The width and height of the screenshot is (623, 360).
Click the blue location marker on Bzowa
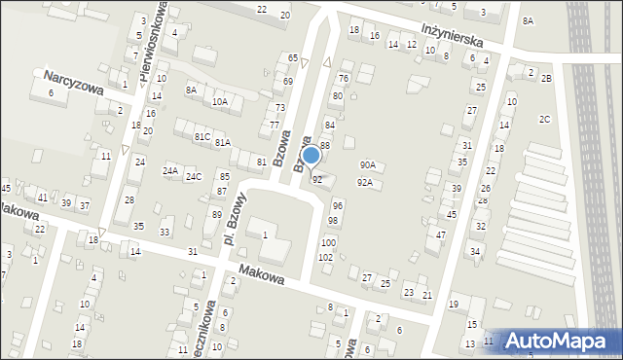[x=311, y=156]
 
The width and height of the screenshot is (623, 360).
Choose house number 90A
[x=367, y=165]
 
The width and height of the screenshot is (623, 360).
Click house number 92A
[x=364, y=182]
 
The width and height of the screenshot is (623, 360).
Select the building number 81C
[x=202, y=137]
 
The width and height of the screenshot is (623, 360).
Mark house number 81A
[x=223, y=143]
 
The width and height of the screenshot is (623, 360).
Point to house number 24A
[x=170, y=171]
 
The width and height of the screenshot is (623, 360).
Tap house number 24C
[x=194, y=177]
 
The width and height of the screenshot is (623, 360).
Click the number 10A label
[x=220, y=101]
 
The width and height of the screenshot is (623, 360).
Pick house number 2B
[x=546, y=78]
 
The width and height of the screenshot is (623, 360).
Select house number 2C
[x=545, y=119]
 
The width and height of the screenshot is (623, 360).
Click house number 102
[x=325, y=257]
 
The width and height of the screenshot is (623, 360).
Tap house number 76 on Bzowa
[x=343, y=78]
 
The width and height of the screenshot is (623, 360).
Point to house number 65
[x=292, y=59]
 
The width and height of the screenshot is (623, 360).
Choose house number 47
[x=441, y=234]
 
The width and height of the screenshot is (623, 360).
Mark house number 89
[x=216, y=214]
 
